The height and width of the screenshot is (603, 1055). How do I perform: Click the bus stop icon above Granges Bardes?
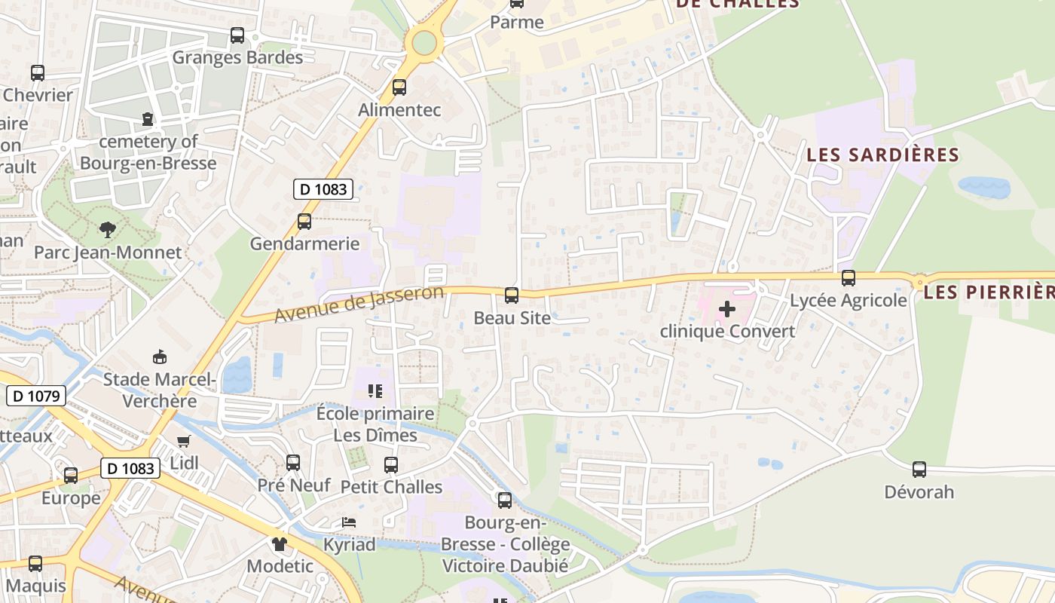pyautogui.click(x=237, y=35)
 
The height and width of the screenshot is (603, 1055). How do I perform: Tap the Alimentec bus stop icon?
pyautogui.click(x=399, y=87)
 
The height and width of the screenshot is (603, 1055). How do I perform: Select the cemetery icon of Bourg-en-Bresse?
pyautogui.click(x=147, y=119)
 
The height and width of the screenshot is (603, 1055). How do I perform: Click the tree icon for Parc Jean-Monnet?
pyautogui.click(x=108, y=229)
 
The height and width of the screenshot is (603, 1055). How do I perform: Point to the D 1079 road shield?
pyautogui.click(x=36, y=396)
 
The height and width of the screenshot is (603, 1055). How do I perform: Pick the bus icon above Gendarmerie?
pyautogui.click(x=304, y=222)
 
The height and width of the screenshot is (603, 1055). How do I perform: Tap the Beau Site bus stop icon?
pyautogui.click(x=512, y=295)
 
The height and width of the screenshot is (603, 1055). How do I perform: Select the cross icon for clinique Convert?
pyautogui.click(x=727, y=308)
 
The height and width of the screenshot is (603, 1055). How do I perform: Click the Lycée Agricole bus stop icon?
pyautogui.click(x=849, y=278)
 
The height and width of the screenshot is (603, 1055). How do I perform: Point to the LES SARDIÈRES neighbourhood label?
pyautogui.click(x=882, y=155)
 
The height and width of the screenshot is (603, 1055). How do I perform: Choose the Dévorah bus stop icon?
pyautogui.click(x=919, y=470)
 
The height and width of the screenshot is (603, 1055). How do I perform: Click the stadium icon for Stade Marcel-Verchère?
pyautogui.click(x=160, y=357)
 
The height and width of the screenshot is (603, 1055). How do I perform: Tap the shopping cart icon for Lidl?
pyautogui.click(x=184, y=440)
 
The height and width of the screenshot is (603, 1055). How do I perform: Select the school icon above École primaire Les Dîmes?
pyautogui.click(x=375, y=390)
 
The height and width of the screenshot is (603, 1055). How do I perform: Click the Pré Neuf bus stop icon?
pyautogui.click(x=293, y=462)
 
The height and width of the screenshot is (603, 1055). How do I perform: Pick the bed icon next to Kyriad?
pyautogui.click(x=349, y=522)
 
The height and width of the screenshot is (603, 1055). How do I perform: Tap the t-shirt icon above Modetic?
pyautogui.click(x=280, y=543)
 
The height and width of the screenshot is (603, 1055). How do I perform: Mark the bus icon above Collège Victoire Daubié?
pyautogui.click(x=505, y=500)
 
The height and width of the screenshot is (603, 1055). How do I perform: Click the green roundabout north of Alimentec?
pyautogui.click(x=424, y=43)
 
